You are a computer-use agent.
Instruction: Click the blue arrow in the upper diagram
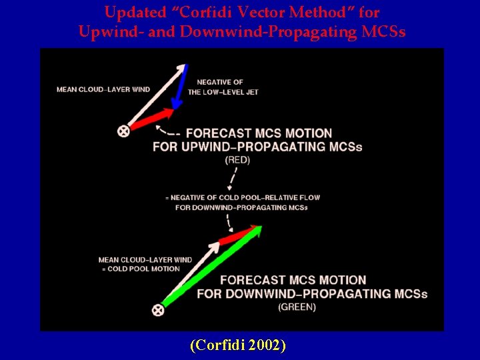[179, 87]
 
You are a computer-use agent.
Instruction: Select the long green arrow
[210, 267]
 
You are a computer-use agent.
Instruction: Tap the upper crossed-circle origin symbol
[123, 131]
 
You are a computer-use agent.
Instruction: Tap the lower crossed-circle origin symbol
[158, 309]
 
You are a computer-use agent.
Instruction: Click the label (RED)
[237, 160]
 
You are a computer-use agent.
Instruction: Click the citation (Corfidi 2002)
[239, 345]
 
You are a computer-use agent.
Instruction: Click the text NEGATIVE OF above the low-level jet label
[220, 82]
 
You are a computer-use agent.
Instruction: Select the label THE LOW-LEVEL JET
[223, 92]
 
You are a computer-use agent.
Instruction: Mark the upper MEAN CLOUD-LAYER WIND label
[103, 89]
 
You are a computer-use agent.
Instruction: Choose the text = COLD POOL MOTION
[139, 269]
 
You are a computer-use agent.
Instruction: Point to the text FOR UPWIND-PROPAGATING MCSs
[257, 147]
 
